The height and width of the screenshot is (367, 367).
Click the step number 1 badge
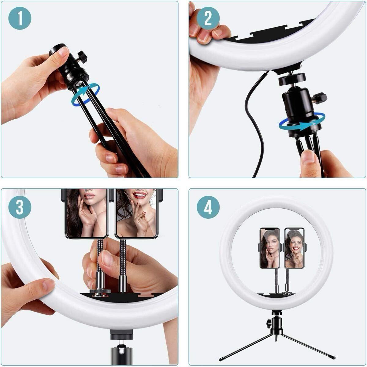[x=20, y=18]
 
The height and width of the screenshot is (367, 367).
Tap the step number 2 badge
[x=208, y=18]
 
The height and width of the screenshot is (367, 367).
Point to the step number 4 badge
[x=208, y=207]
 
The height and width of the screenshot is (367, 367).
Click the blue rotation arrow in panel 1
[x=86, y=94]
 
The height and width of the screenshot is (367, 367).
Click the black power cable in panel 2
[x=250, y=122]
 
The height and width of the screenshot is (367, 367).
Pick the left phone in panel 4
[x=270, y=248]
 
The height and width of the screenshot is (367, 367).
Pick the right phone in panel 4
[x=294, y=248]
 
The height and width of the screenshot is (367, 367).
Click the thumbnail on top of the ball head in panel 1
[x=64, y=51]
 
